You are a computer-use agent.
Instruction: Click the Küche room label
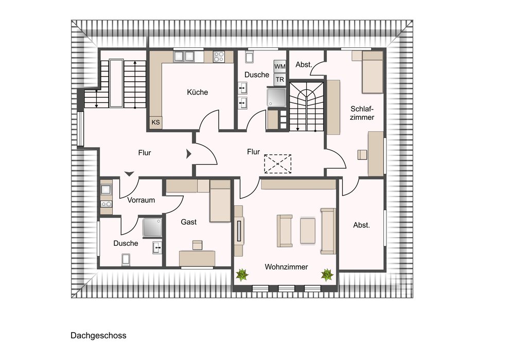[197, 92]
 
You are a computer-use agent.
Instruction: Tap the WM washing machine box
[280, 67]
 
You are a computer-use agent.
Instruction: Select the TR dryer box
[280, 79]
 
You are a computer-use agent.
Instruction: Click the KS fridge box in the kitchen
[156, 122]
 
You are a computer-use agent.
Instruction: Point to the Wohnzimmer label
[286, 267]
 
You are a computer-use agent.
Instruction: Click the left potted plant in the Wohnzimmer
[242, 275]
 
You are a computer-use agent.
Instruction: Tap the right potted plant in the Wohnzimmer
[327, 275]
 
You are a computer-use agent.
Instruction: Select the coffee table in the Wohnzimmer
[308, 231]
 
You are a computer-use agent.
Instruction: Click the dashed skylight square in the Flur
[277, 164]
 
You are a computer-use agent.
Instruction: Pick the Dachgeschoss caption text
[98, 335]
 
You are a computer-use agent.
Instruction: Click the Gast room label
[189, 222]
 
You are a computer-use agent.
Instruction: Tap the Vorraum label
[141, 200]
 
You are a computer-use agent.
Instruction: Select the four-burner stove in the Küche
[219, 57]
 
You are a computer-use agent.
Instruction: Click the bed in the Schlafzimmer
[373, 72]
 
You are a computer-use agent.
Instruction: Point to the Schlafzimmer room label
[362, 113]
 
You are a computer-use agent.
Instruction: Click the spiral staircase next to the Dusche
[306, 106]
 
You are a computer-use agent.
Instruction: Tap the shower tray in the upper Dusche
[277, 97]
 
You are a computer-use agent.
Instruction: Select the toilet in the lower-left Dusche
[126, 260]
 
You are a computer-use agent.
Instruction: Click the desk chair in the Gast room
[197, 245]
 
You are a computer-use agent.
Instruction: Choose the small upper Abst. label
[304, 65]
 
